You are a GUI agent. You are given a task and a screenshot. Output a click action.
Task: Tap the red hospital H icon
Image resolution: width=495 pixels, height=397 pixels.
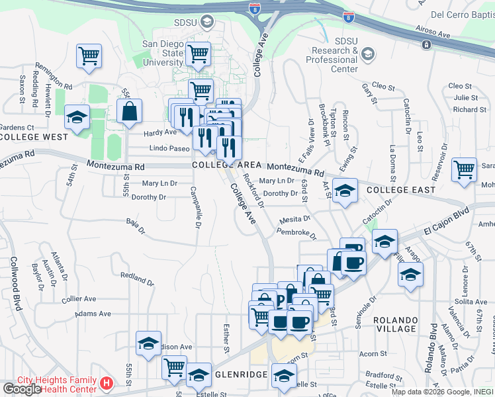pyautogui.click(x=107, y=383)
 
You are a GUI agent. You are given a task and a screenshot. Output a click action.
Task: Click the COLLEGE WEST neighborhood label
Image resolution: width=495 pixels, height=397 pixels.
pyautogui.click(x=34, y=137)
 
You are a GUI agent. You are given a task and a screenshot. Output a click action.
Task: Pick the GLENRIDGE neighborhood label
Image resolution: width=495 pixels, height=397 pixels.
pyautogui.click(x=240, y=375)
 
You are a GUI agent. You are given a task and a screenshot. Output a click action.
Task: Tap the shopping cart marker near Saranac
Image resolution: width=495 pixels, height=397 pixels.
pyautogui.click(x=465, y=170)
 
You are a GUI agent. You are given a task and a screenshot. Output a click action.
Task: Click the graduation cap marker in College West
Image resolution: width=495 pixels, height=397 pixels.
pyautogui.click(x=77, y=118)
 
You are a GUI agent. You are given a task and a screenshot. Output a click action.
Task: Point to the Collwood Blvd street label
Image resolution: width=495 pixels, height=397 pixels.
pyautogui.click(x=15, y=283)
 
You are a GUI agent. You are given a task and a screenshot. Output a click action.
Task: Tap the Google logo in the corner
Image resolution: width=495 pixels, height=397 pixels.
pyautogui.click(x=22, y=389)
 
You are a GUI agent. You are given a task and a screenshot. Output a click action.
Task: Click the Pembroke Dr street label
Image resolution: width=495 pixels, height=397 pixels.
pyautogui.click(x=296, y=234)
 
